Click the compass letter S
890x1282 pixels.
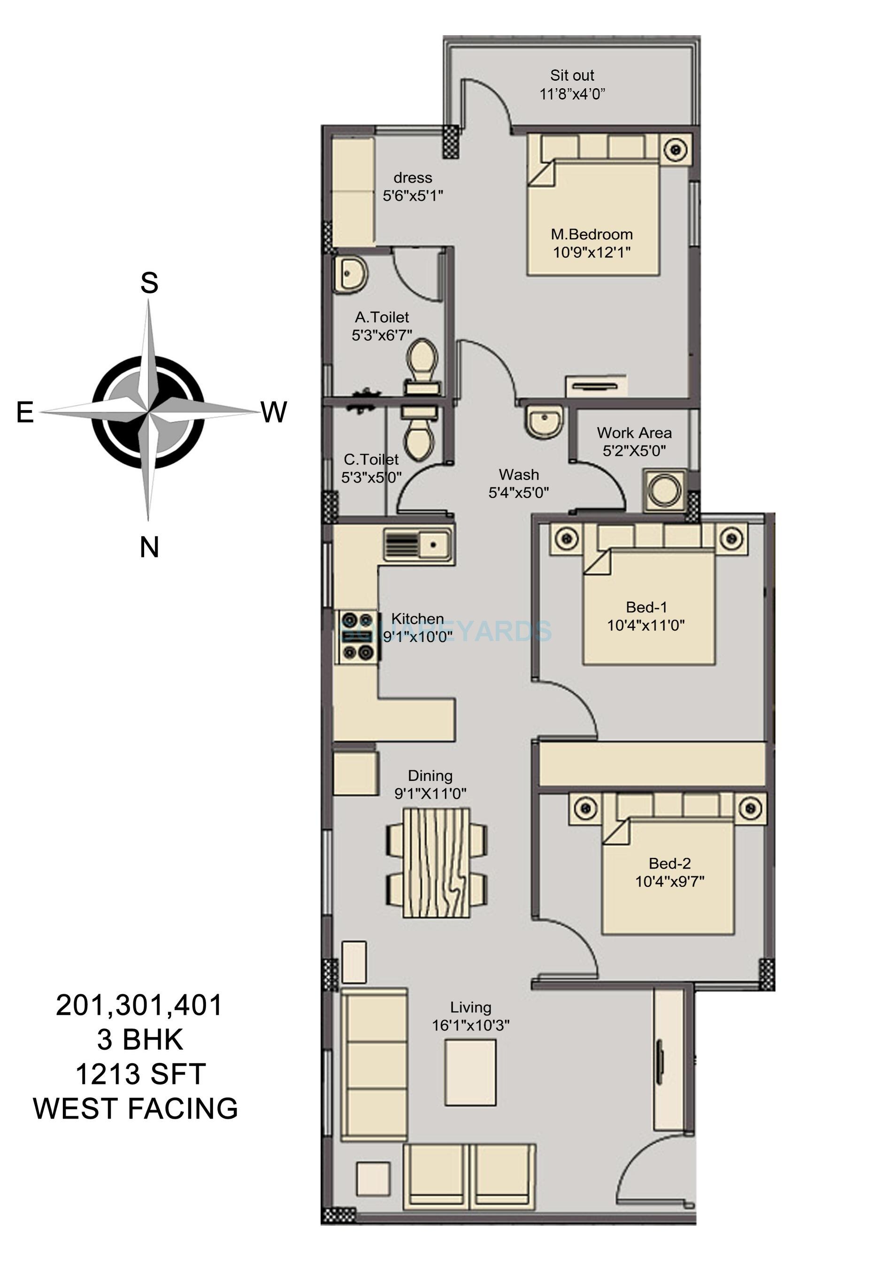pos(149,283)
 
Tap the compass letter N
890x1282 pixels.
pos(149,547)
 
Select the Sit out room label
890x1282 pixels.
pos(572,75)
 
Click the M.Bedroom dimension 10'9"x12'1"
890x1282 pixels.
pos(591,252)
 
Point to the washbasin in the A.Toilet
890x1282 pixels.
pos(350,273)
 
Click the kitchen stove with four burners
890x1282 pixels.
pos(357,636)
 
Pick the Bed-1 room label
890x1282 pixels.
pos(646,607)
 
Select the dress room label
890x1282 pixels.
pos(413,178)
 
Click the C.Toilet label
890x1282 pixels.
pos(371,459)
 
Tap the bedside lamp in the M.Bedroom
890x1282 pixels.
pos(675,149)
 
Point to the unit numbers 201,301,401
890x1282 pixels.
pos(139,1006)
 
